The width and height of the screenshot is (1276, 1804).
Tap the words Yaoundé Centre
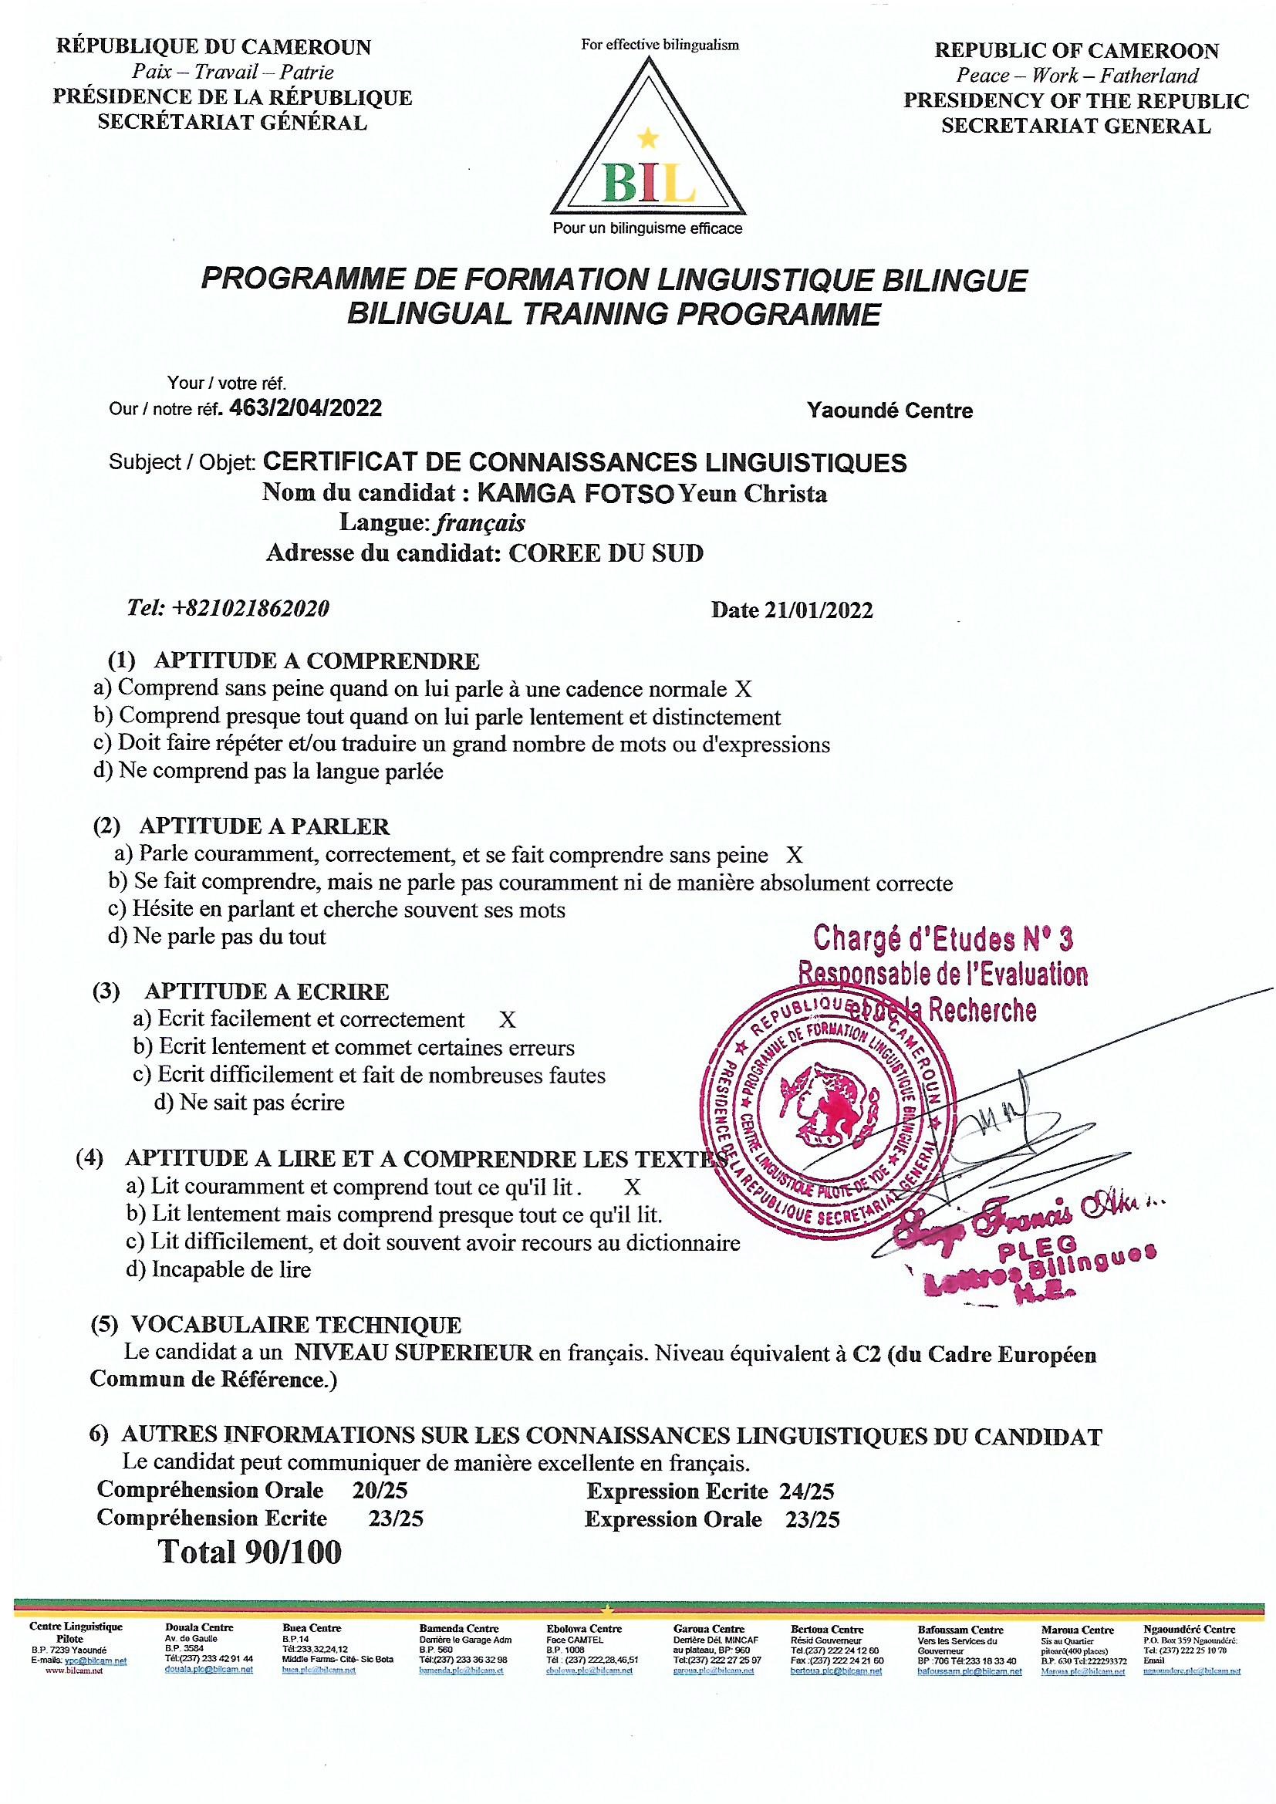889,411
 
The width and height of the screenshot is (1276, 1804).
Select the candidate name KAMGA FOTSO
576,495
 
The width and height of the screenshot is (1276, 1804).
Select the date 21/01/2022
819,610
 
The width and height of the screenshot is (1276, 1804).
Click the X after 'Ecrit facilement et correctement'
508,1021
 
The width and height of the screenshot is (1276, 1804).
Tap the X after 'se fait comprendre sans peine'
795,855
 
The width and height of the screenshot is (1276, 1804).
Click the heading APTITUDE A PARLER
264,826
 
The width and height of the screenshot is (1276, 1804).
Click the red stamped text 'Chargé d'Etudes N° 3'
943,938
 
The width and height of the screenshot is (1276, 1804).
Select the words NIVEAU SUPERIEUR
414,1354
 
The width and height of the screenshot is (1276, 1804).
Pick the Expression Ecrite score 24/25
807,1492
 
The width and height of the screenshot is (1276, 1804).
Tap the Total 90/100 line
251,1551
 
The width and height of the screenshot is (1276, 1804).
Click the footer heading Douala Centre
199,1629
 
